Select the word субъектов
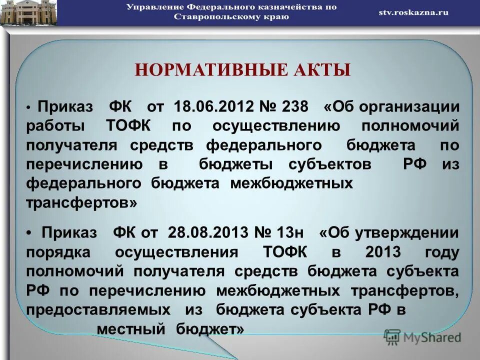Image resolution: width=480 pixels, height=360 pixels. click(x=329, y=164)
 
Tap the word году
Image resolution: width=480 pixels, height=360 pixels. click(x=441, y=252)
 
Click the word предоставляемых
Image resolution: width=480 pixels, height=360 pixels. click(x=97, y=310)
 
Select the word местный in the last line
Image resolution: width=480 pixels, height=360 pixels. click(x=130, y=329)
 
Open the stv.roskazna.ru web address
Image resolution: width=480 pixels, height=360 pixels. click(x=413, y=12)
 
